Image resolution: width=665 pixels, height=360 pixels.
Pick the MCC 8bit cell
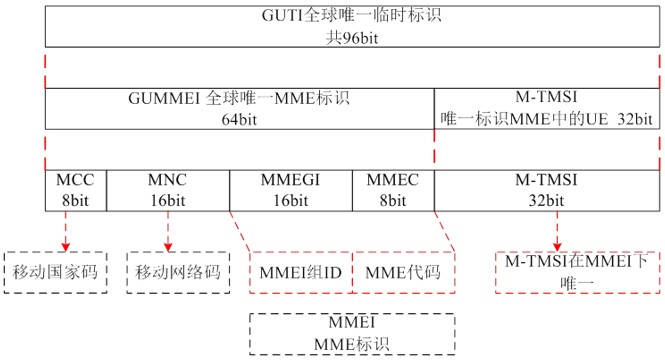coord(75,189)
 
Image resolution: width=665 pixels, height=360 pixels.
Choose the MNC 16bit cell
coord(167,189)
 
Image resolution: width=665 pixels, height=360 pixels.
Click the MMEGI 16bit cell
coord(290,189)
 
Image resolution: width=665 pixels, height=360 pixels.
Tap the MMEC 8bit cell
coord(391,189)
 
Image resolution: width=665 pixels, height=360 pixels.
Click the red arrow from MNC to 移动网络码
coord(167,229)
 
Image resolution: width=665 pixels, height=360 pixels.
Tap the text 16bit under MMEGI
coord(290,199)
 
